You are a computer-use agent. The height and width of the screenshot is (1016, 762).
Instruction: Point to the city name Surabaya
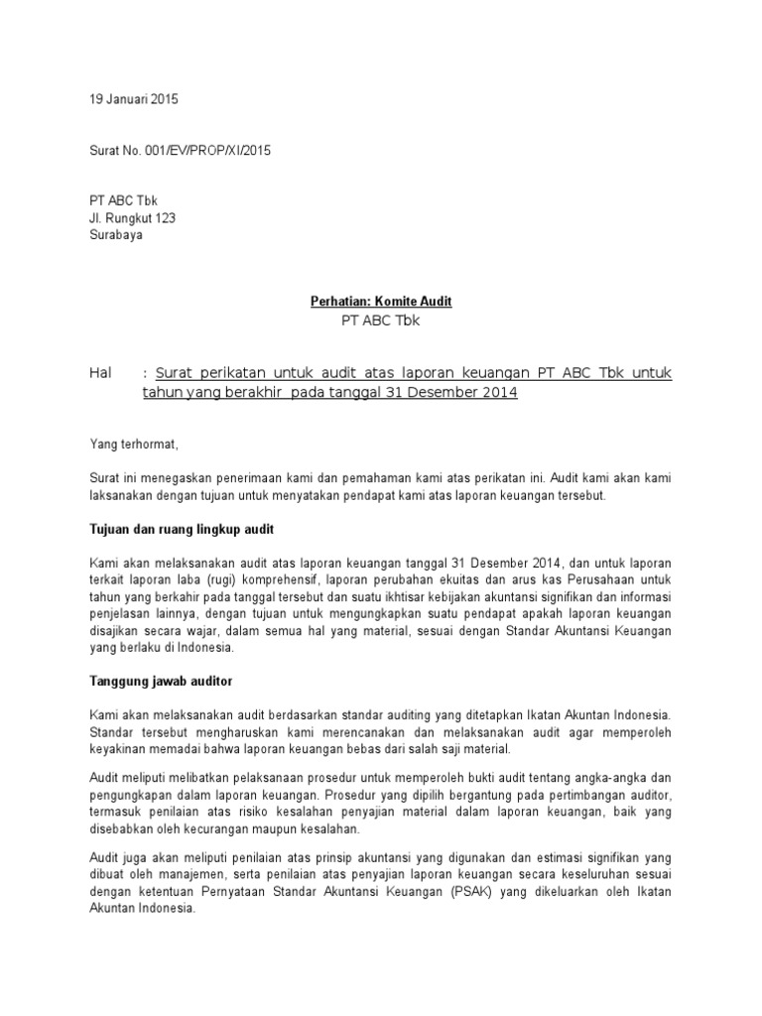pyautogui.click(x=116, y=236)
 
